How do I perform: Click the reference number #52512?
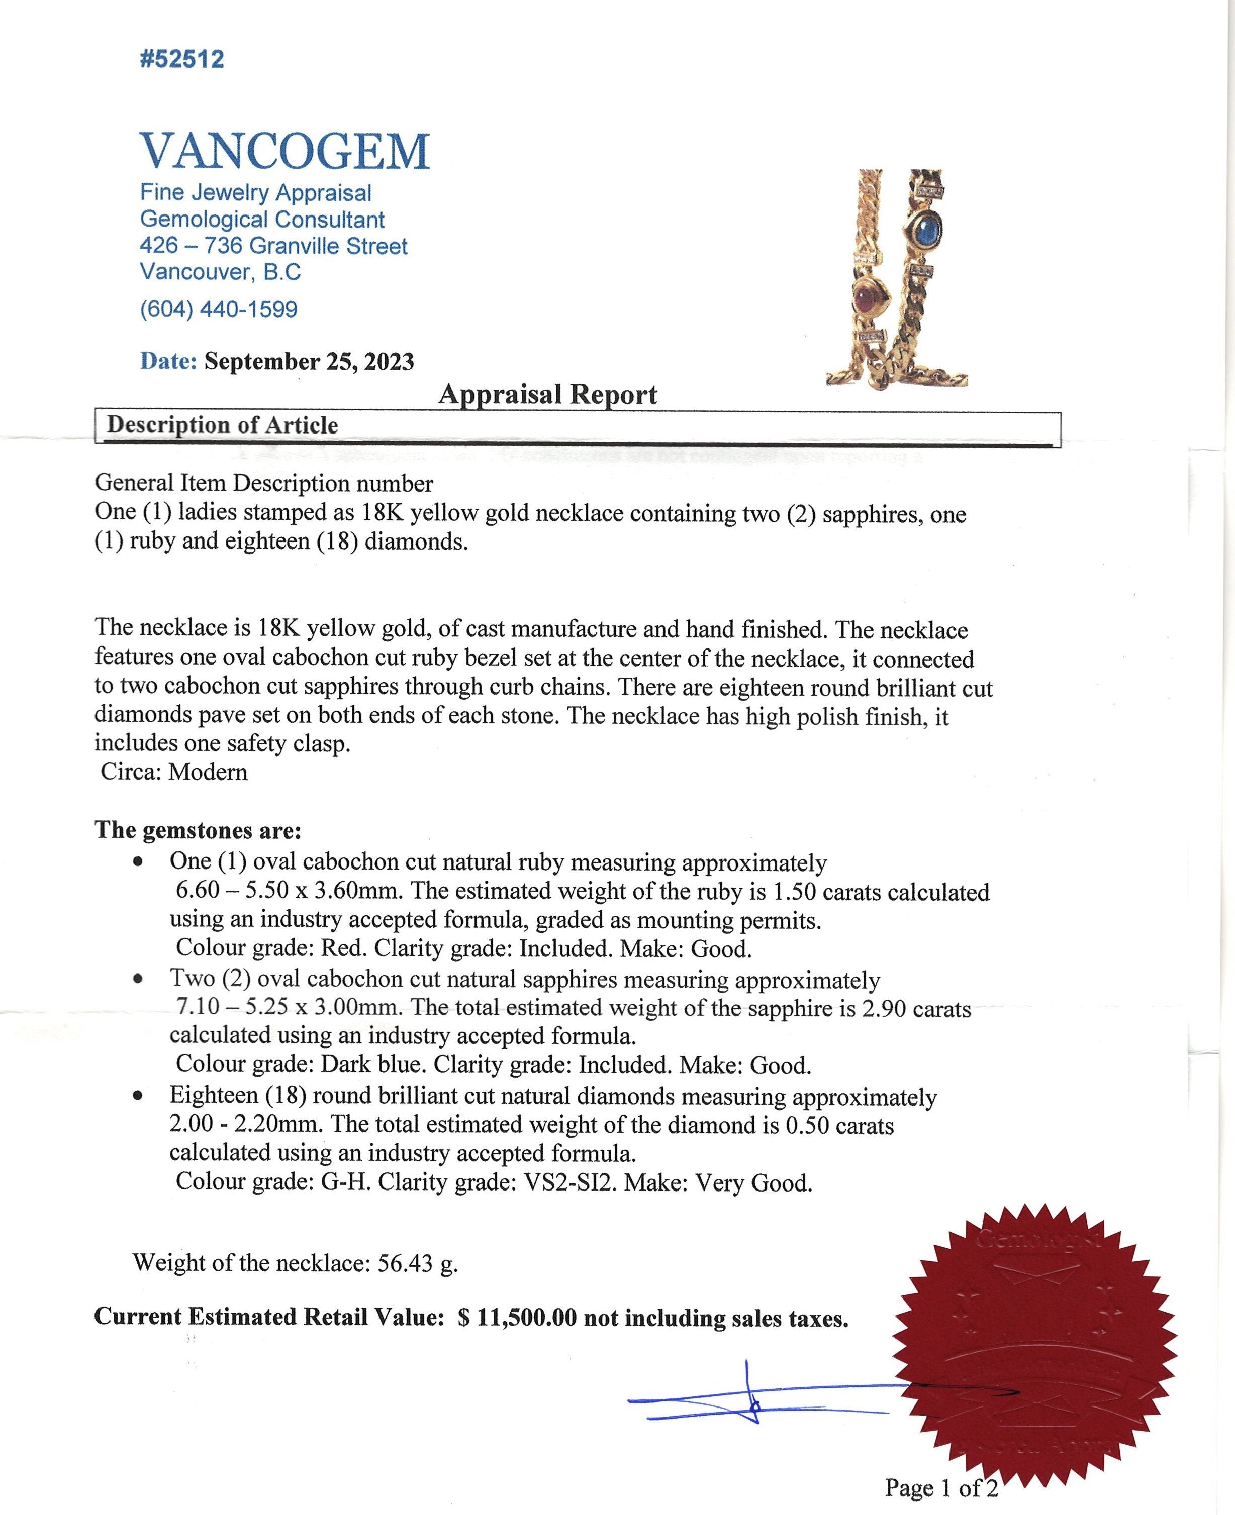pyautogui.click(x=182, y=59)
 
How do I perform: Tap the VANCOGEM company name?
pyautogui.click(x=284, y=151)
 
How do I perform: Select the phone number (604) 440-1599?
pyautogui.click(x=219, y=309)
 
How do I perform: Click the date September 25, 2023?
pyautogui.click(x=309, y=361)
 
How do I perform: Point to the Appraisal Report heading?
pyautogui.click(x=547, y=394)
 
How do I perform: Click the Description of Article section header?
pyautogui.click(x=222, y=425)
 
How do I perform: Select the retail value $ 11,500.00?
pyautogui.click(x=517, y=1318)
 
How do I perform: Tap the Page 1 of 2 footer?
pyautogui.click(x=940, y=1487)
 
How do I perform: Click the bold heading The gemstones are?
pyautogui.click(x=198, y=830)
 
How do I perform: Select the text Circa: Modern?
pyautogui.click(x=174, y=772)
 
